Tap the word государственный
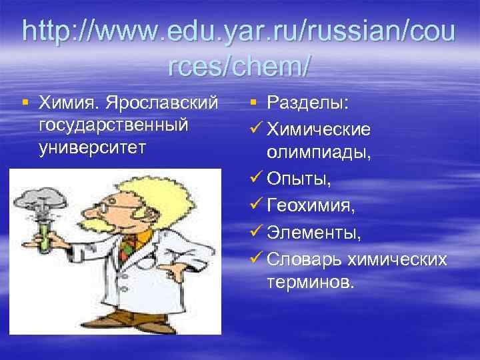[113, 125]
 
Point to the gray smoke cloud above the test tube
[41, 196]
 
